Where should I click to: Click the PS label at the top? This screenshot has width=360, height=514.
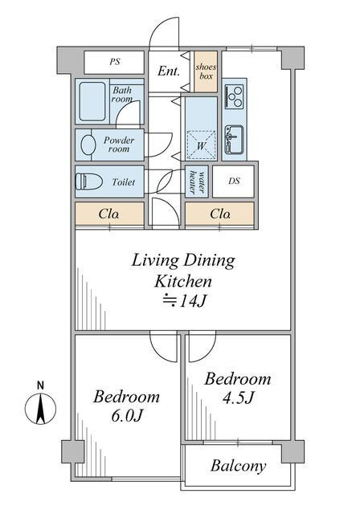[115, 62]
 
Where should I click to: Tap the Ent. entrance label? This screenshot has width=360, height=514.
[169, 71]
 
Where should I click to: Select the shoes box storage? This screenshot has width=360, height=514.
[206, 71]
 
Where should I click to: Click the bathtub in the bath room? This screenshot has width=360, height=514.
[92, 101]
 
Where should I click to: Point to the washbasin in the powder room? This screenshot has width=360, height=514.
[88, 145]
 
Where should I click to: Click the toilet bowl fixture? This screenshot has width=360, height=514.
[84, 182]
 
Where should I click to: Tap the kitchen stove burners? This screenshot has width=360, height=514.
[235, 96]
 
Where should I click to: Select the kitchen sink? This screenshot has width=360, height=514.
[234, 140]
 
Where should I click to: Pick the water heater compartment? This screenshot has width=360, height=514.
[197, 182]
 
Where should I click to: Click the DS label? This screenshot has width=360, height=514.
[234, 181]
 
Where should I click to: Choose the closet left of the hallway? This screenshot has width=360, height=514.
[109, 214]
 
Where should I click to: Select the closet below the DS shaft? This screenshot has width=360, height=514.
[219, 214]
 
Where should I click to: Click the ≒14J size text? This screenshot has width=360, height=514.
[185, 300]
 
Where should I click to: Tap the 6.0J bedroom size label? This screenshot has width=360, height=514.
[126, 416]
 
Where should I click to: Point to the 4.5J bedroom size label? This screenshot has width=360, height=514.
[238, 398]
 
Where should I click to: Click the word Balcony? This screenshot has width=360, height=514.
[238, 466]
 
